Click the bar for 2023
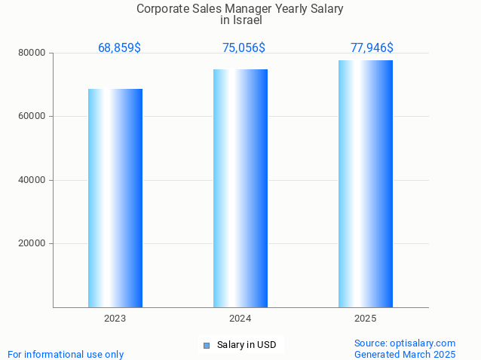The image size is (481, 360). tap(115, 198)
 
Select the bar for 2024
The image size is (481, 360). tap(240, 188)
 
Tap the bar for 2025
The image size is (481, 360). tap(366, 184)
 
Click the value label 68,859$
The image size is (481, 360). tap(119, 48)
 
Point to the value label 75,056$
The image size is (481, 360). tap(244, 48)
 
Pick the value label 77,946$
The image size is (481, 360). tap(372, 48)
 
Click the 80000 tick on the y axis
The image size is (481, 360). tap(32, 53)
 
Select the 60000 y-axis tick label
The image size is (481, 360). tap(32, 117)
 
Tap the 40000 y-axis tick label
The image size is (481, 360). tap(32, 181)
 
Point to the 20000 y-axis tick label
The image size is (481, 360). tap(32, 244)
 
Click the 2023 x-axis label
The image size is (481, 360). tap(115, 319)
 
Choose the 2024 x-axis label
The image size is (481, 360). tap(240, 319)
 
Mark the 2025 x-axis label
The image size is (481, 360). tap(366, 319)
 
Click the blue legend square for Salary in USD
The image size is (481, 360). tap(207, 346)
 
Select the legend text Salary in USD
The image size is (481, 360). tap(247, 346)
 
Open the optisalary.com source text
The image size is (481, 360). tap(405, 343)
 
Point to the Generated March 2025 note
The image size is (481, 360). tap(405, 354)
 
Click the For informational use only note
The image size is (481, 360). tap(66, 354)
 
